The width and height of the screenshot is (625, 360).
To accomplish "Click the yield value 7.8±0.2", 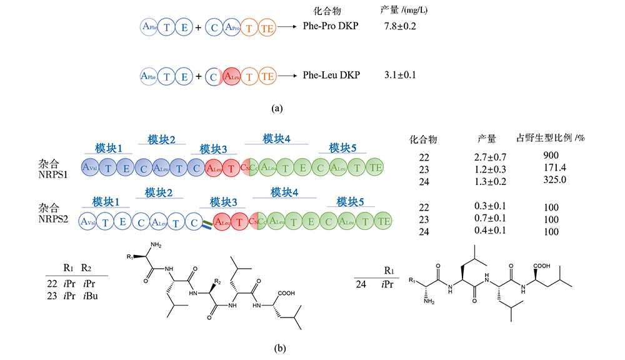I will (x=401, y=27).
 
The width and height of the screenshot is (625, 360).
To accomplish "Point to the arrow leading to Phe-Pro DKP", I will (x=286, y=27).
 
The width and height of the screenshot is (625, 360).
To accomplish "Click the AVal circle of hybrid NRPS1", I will (x=92, y=166).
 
